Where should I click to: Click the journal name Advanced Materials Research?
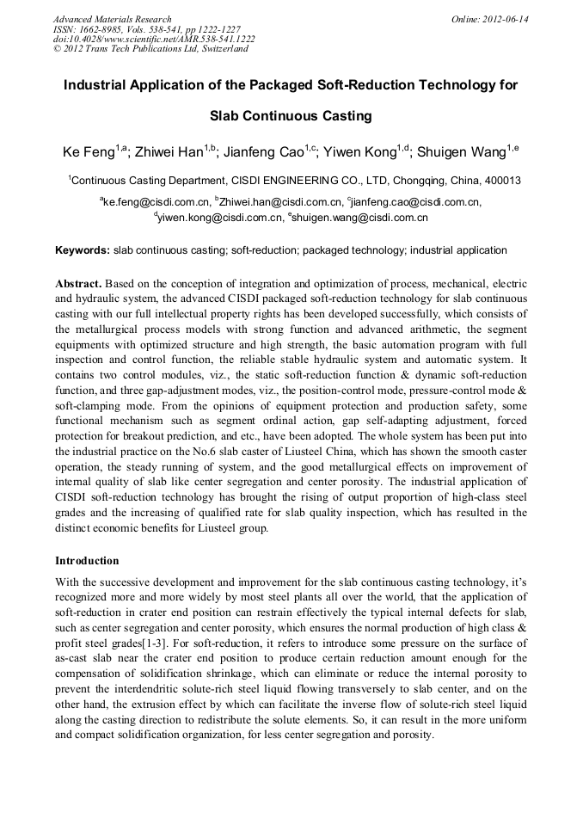(x=112, y=19)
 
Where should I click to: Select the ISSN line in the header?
(x=146, y=29)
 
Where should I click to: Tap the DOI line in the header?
(x=154, y=39)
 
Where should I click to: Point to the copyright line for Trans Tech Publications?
(x=150, y=49)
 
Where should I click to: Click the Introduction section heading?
(x=87, y=561)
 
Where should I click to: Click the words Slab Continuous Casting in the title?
(x=291, y=115)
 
